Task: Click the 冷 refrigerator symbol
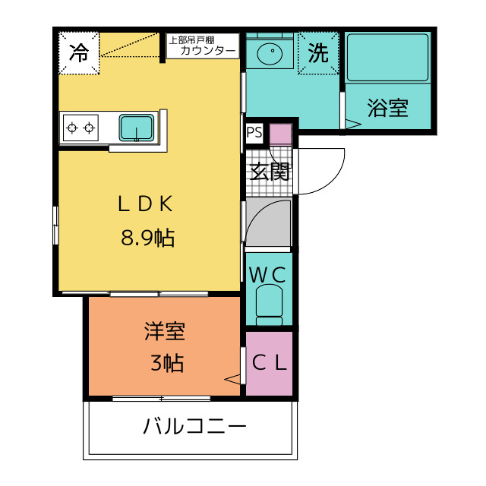pos(80,53)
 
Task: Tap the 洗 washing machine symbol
pos(318,53)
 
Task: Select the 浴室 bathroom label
pos(387,109)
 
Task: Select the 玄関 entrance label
pos(270,172)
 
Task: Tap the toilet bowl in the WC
pos(269,303)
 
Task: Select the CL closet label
pos(269,363)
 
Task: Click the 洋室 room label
pos(166,331)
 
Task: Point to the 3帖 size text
pos(166,364)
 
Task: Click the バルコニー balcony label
pos(195,427)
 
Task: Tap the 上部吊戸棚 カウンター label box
pos(202,46)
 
